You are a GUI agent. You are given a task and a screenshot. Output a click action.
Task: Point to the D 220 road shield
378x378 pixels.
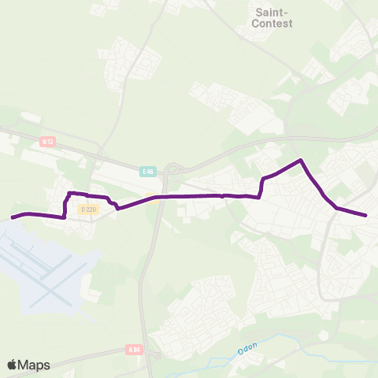[87, 209]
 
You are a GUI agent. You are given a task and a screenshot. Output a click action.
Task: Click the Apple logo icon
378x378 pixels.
[13, 365]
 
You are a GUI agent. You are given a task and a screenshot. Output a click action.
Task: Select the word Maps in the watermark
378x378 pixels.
[35, 365]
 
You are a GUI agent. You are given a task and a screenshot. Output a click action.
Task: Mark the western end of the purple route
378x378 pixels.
[13, 217]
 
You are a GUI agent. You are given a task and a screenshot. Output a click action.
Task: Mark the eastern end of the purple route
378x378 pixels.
[366, 215]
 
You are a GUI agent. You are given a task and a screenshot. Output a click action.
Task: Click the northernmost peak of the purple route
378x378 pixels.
[300, 161]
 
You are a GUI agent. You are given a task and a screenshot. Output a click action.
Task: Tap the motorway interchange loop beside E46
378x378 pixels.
[174, 168]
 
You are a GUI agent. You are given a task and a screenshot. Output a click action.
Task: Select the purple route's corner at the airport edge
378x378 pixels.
[64, 216]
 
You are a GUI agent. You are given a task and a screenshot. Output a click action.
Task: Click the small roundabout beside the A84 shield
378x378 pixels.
[154, 354]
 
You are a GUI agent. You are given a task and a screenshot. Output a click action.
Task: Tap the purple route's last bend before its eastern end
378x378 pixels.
[336, 208]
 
